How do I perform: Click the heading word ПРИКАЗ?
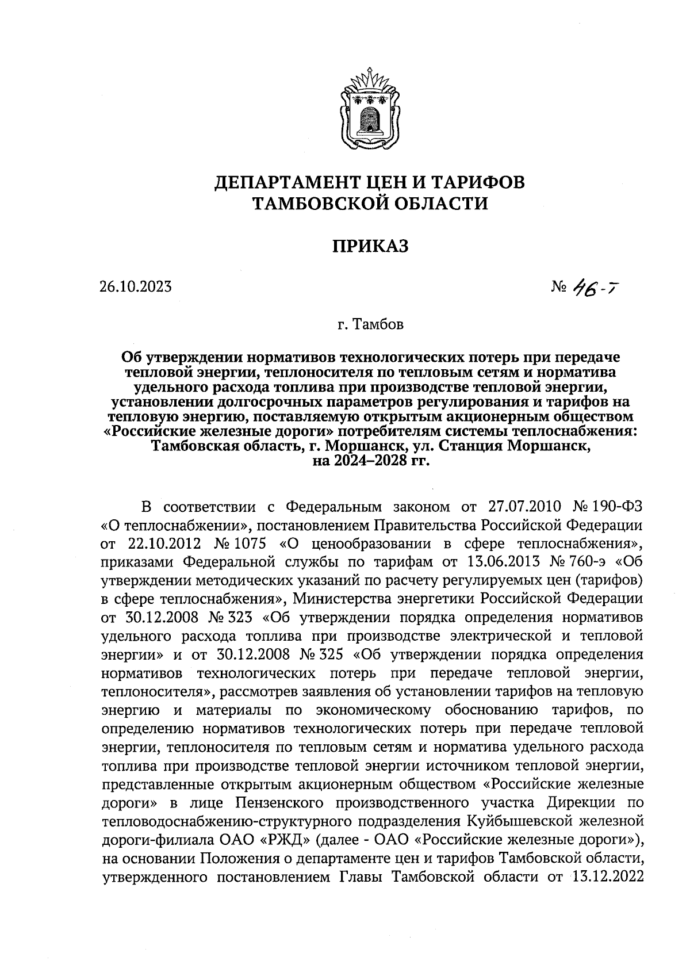pos(370,247)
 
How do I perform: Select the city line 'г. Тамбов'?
pos(370,326)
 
